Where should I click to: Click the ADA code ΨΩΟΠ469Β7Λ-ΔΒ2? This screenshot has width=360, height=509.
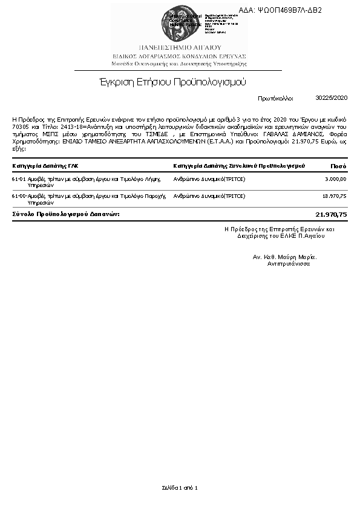(289, 10)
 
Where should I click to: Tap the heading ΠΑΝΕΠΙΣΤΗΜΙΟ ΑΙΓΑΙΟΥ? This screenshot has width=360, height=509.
(180, 47)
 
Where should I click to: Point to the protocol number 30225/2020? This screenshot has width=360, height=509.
(332, 97)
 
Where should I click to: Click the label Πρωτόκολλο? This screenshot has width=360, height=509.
(275, 97)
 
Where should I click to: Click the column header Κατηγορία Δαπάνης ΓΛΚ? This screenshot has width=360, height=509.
(45, 165)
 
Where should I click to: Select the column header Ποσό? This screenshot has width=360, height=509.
(338, 165)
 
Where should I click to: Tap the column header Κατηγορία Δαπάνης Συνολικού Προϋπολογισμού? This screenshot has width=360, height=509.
(238, 165)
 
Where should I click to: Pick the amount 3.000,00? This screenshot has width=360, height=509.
(335, 179)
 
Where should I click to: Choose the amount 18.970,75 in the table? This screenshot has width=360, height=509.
(334, 196)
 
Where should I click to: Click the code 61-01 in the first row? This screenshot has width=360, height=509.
(18, 179)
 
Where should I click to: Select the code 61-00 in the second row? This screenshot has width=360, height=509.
(18, 196)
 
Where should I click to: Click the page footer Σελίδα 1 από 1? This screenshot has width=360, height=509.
(180, 487)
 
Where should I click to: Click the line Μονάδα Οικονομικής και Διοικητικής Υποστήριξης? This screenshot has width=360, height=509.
(179, 63)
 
